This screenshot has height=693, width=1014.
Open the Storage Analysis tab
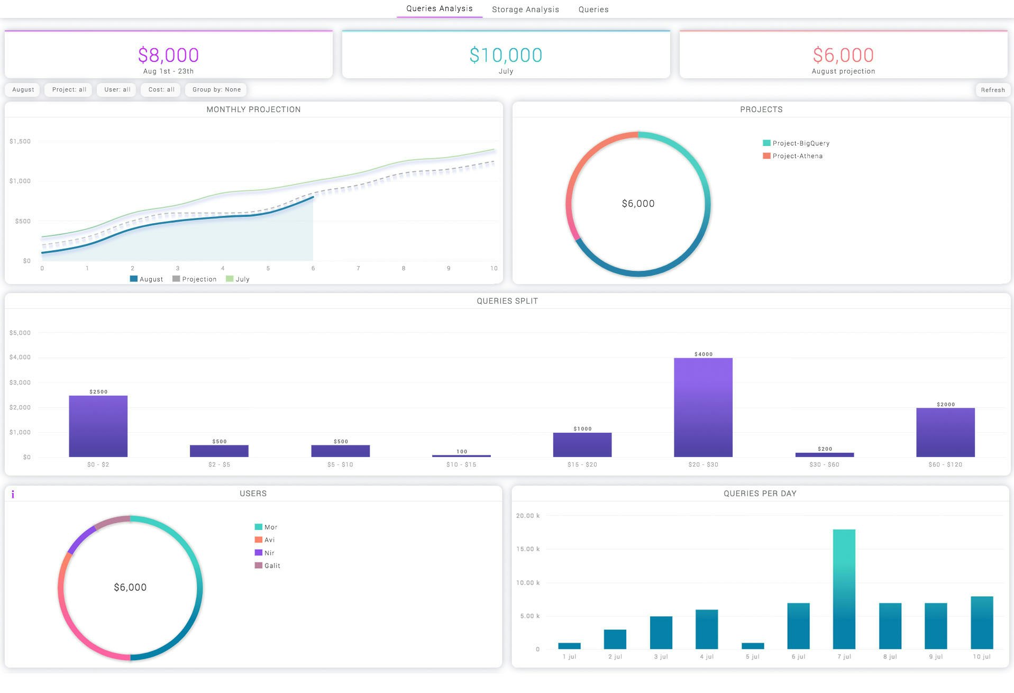(x=525, y=10)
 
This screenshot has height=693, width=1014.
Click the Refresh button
(x=992, y=90)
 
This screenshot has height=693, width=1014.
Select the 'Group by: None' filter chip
(x=216, y=89)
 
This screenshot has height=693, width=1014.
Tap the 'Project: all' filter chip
(x=69, y=89)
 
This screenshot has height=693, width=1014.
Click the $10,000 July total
(x=506, y=55)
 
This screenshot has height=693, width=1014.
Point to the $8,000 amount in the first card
(x=168, y=55)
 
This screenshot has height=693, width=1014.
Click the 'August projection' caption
(x=843, y=71)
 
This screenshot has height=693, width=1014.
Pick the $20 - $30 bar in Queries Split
(x=703, y=407)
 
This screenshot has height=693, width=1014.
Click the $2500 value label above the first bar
(x=98, y=392)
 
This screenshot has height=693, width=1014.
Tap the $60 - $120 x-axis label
(x=945, y=464)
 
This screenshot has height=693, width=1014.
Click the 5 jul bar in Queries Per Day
(x=753, y=646)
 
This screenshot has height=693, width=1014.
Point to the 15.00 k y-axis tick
(x=528, y=549)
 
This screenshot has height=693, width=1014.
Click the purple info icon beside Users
(x=13, y=495)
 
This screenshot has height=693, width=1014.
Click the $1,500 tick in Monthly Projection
(x=20, y=141)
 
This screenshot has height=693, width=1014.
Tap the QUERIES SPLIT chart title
(x=507, y=301)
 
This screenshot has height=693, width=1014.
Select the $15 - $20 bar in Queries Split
(x=582, y=445)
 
